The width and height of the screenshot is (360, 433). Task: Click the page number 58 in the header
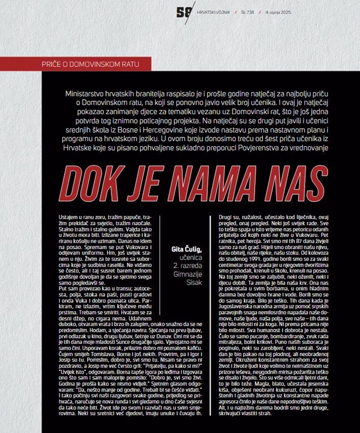tap(184, 12)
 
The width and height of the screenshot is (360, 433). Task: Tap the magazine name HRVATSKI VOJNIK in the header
tap(216, 13)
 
